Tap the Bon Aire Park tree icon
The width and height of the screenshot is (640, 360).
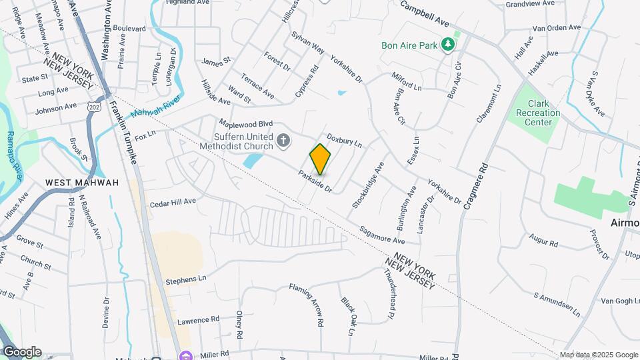[x=449, y=45]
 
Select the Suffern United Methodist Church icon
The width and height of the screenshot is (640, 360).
[x=283, y=140]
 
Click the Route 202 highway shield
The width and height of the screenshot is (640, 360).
[x=93, y=107]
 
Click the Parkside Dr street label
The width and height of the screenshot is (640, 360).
[x=315, y=181]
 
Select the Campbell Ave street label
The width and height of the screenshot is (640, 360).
[x=425, y=13]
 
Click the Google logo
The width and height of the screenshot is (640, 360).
[x=22, y=351]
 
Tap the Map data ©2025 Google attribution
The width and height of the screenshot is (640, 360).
[x=599, y=355]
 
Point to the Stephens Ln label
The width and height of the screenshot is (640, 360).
[x=186, y=279]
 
